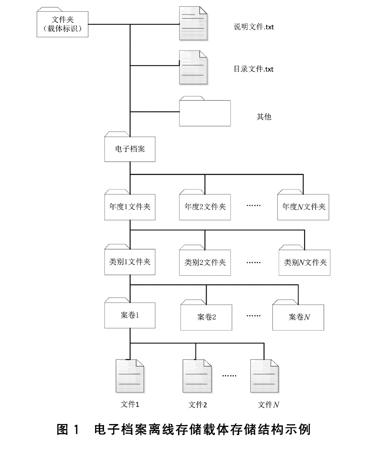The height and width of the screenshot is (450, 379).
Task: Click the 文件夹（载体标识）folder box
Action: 63,24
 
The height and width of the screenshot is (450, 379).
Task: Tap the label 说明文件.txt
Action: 254,27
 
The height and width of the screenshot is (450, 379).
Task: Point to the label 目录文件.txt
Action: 253,69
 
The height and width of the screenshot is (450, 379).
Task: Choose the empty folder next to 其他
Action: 205,113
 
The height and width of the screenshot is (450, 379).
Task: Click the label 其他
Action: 264,117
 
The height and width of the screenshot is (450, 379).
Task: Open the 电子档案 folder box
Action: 130,149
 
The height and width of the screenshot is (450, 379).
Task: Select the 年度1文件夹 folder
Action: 130,207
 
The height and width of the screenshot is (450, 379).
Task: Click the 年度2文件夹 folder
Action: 205,207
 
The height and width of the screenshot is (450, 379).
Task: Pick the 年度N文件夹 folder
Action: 303,207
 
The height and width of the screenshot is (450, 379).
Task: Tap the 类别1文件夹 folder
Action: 130,262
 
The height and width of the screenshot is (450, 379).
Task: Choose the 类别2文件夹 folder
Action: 205,262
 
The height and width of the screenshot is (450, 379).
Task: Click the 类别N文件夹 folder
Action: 305,262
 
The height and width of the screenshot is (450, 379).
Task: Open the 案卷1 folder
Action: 130,315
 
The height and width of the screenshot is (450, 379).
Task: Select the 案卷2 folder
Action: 206,317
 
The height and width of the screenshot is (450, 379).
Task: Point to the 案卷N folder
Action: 298,317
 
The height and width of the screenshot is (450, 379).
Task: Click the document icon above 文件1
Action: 130,376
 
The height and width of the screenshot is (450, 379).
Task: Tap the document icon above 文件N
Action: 264,376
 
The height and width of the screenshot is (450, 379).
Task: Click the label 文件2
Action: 197,405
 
